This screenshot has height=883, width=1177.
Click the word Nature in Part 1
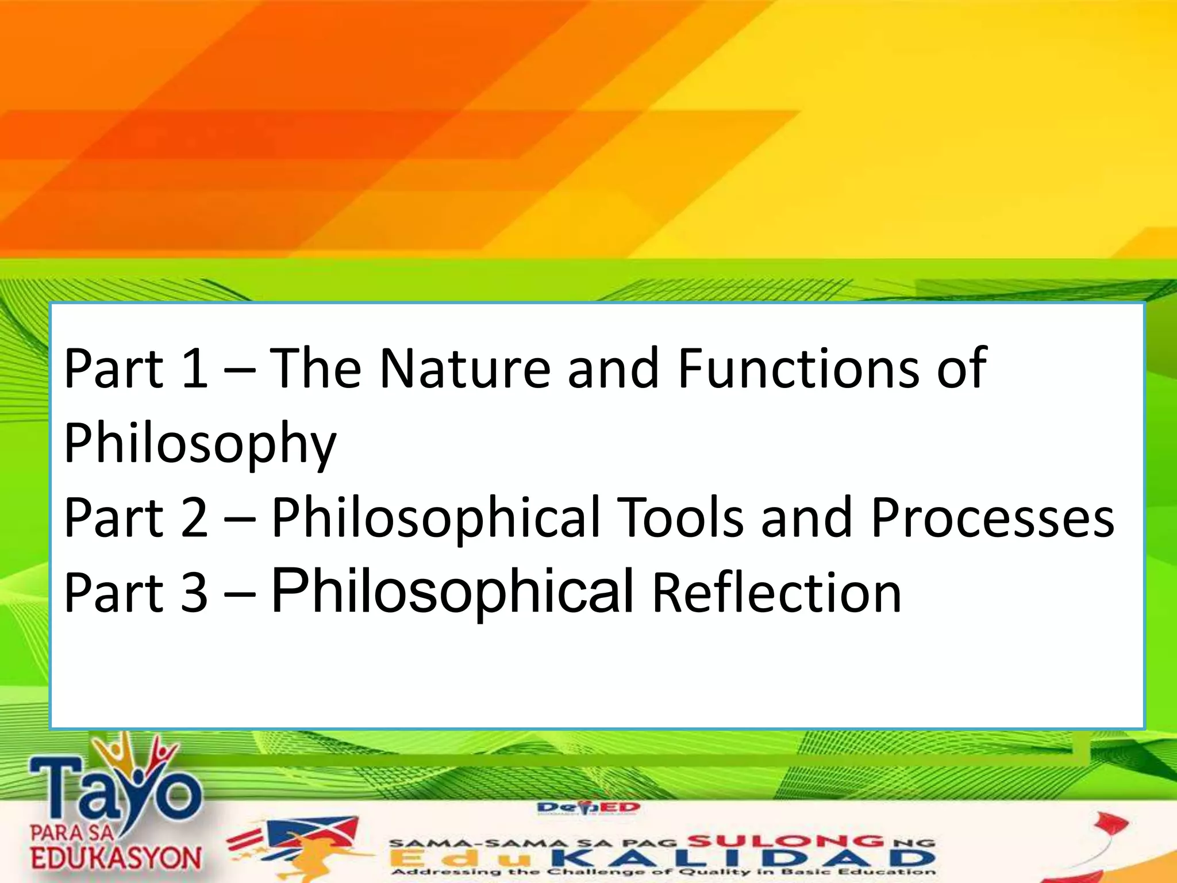465,369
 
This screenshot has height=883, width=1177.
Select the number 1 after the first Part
194,369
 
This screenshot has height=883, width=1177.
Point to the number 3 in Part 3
194,593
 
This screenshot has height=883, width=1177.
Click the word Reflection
776,593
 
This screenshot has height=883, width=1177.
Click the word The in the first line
315,369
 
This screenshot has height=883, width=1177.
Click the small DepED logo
588,809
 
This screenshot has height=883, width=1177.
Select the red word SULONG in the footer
785,842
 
